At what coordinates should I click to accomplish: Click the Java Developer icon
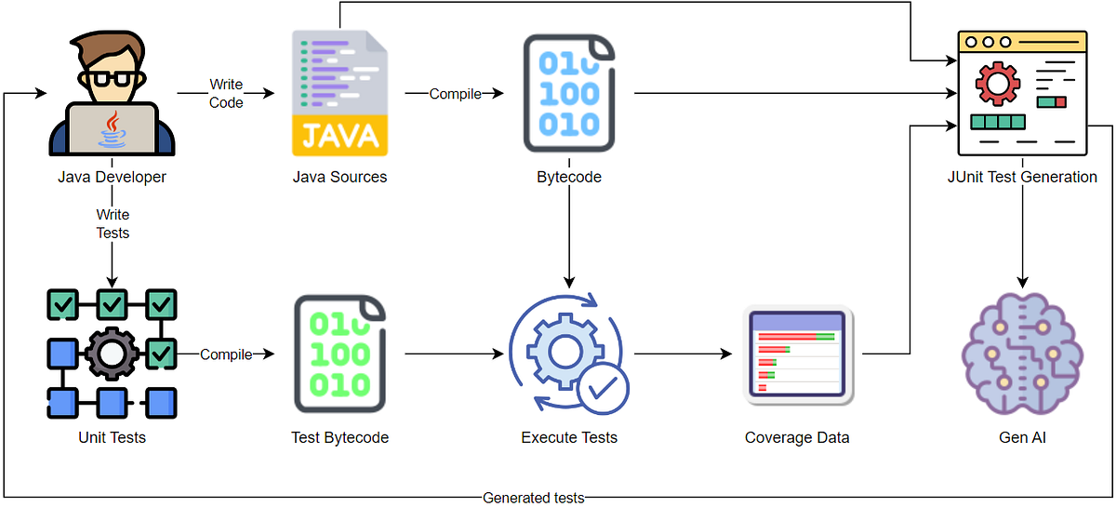coord(112,93)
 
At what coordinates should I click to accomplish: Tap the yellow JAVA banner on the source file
coord(339,136)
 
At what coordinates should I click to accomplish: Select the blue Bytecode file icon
coord(569,93)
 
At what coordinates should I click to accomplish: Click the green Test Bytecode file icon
coord(339,354)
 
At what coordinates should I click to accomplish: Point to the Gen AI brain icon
coord(1022,354)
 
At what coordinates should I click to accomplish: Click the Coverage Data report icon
coord(798,354)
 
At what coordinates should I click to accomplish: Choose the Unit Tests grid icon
coord(113,354)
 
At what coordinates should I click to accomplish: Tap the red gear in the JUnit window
coord(997,84)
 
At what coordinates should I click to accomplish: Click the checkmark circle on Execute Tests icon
coord(603,389)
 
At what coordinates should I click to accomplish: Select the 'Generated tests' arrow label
coord(534,498)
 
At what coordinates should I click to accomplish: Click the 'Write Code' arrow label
coord(226,93)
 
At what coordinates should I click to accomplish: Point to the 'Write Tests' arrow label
coord(113,224)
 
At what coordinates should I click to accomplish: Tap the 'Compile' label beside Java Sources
coord(456,94)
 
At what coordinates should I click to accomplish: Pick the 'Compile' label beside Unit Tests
coord(226,354)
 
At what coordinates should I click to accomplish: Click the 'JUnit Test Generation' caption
coord(1022,177)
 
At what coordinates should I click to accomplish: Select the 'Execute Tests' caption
coord(569,438)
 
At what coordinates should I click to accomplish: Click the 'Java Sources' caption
coord(339,177)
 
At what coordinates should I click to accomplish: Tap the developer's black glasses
coord(112,79)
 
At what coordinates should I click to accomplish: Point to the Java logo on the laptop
coord(113,129)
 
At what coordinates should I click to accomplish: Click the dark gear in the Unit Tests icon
coord(112,354)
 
